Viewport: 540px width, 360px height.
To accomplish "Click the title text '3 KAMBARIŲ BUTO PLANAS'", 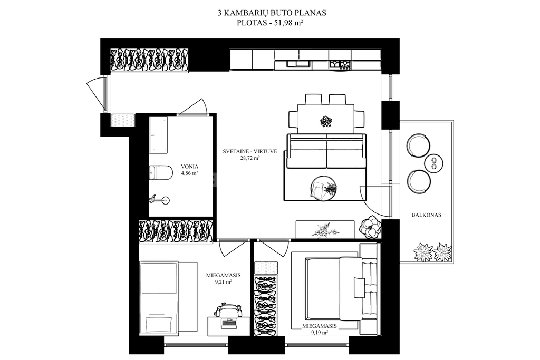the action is (x=272, y=13).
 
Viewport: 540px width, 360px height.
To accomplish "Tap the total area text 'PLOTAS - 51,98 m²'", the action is (x=269, y=23).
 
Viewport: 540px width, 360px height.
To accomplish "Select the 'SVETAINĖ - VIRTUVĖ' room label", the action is (x=249, y=151).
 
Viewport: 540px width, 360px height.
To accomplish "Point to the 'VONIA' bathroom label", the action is (x=189, y=167).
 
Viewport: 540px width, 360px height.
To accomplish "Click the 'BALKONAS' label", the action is (x=426, y=215).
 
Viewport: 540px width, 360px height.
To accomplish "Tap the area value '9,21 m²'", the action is (x=223, y=281).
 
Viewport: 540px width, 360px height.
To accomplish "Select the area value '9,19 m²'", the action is (x=319, y=333).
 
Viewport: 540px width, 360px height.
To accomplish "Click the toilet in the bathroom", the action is (x=161, y=172).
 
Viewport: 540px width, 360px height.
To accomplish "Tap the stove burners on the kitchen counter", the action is (x=340, y=64).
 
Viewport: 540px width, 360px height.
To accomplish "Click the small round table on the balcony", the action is (x=434, y=163).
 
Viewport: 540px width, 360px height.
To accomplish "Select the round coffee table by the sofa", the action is (x=324, y=188).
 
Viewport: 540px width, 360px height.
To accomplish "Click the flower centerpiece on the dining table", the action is (x=325, y=121).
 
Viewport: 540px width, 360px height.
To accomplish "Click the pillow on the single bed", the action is (x=159, y=324).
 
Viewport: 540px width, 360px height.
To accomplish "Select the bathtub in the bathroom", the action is (x=159, y=135).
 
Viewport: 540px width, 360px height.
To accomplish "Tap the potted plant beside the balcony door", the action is (x=370, y=226).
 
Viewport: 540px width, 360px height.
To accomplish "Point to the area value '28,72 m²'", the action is (x=249, y=158).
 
